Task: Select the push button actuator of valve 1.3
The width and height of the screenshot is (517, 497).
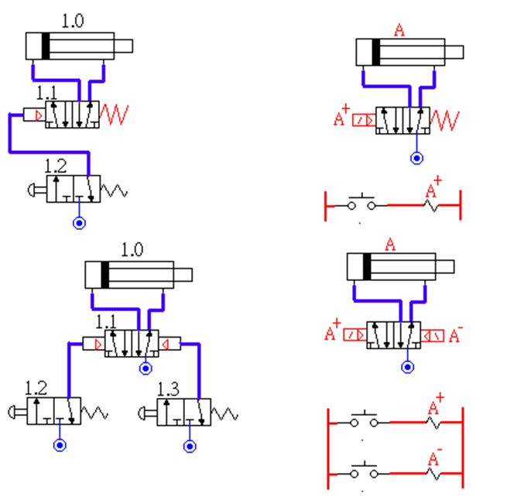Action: click(x=147, y=412)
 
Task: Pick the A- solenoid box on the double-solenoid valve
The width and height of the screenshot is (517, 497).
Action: click(x=433, y=334)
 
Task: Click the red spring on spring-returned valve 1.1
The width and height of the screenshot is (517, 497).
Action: click(x=115, y=114)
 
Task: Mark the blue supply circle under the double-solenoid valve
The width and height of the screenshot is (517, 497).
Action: click(x=408, y=367)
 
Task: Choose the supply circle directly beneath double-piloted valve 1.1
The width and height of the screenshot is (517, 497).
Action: click(x=145, y=368)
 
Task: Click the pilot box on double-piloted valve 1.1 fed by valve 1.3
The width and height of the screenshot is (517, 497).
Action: click(x=169, y=342)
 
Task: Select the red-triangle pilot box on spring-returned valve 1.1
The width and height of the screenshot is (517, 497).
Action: click(x=34, y=115)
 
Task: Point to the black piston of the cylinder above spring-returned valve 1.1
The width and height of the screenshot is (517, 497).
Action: click(x=46, y=46)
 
